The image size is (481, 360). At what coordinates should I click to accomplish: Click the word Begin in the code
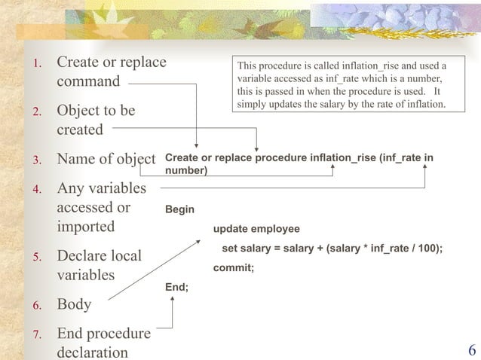(179, 211)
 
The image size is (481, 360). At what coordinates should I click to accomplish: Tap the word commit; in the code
(234, 267)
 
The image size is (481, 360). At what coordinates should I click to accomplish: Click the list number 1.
(34, 63)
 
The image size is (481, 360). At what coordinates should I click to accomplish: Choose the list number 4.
(34, 187)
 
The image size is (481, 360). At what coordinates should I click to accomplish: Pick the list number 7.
(34, 334)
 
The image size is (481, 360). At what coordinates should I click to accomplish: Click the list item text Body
(74, 304)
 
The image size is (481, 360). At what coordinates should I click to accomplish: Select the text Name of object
(106, 159)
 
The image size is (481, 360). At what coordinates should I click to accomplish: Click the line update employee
(256, 229)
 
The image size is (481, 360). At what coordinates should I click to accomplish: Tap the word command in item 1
(88, 81)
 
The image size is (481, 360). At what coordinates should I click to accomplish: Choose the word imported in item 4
(86, 227)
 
